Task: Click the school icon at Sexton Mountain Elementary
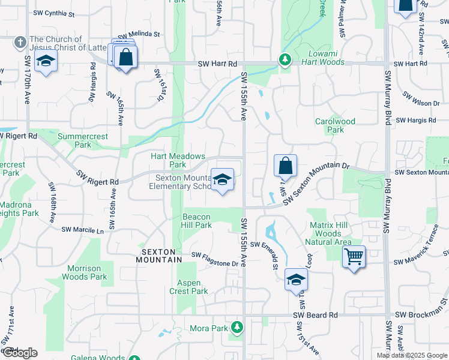click(x=222, y=179)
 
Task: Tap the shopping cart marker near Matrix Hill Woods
click(x=354, y=257)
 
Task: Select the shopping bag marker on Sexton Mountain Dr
click(x=286, y=166)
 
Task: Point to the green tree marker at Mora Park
click(x=238, y=327)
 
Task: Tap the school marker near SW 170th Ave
click(x=46, y=62)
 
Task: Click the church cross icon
click(x=20, y=43)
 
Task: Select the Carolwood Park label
click(x=335, y=125)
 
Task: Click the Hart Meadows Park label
click(x=178, y=160)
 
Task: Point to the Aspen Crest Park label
click(x=192, y=287)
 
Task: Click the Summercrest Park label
click(x=83, y=140)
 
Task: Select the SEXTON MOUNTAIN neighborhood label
click(x=161, y=256)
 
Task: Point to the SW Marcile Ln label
click(x=83, y=230)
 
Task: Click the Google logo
click(x=20, y=353)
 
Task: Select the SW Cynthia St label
click(x=53, y=13)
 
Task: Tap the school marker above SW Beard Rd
click(x=296, y=280)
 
